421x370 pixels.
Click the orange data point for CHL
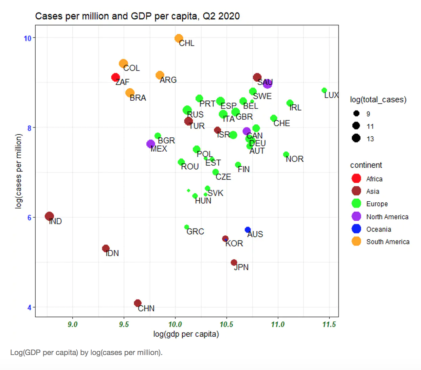pos(179,38)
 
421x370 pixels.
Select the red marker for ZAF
pos(115,78)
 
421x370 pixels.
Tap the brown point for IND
pos(49,216)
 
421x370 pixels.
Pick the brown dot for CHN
pos(138,303)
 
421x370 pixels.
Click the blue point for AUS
pos(248,230)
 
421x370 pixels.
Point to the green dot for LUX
pos(324,90)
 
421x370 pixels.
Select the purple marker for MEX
pos(150,144)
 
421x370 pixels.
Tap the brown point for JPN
pos(234,263)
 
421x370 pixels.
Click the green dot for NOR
pos(286,154)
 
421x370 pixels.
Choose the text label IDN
pos(112,253)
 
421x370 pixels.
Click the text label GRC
pos(195,232)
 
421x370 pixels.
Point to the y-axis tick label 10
pos(28,38)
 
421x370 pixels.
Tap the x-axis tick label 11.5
pos(329,324)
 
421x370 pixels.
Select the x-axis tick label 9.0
pos(72,324)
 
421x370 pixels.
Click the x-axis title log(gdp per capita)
pos(186,334)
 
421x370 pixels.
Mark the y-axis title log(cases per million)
pos(19,171)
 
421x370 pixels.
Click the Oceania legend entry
pos(379,229)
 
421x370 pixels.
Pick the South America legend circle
pos(356,241)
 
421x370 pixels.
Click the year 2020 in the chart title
pos(229,16)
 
